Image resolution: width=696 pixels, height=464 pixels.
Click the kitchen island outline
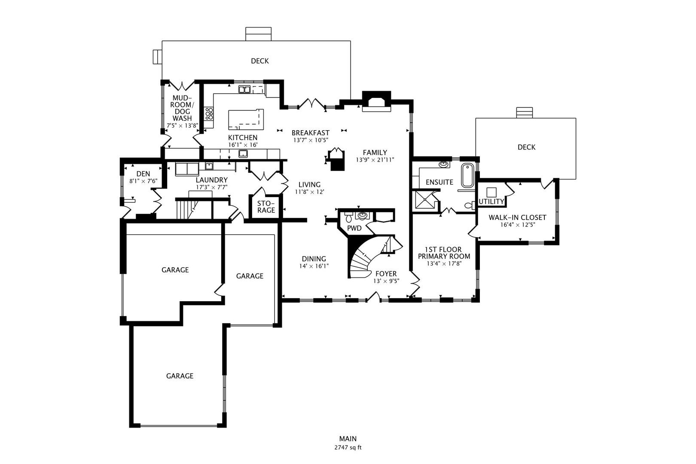pyautogui.click(x=246, y=119)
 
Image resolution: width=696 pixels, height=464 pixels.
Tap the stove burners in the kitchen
pyautogui.click(x=209, y=113)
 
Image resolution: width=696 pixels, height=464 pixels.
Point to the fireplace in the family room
pyautogui.click(x=376, y=102)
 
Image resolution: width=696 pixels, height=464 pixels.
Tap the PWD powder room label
pyautogui.click(x=354, y=228)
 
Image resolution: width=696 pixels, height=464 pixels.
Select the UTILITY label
pyautogui.click(x=491, y=201)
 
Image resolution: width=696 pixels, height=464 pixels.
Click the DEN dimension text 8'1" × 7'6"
pyautogui.click(x=143, y=181)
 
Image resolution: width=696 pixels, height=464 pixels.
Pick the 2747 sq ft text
pyautogui.click(x=348, y=447)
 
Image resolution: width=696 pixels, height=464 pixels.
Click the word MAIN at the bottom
pyautogui.click(x=348, y=439)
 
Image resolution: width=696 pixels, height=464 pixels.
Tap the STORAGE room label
pyautogui.click(x=266, y=207)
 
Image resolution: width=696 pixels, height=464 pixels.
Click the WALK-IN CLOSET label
pyautogui.click(x=517, y=217)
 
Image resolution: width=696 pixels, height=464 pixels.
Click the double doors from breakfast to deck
pyautogui.click(x=311, y=103)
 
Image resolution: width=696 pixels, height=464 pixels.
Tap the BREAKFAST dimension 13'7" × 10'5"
pyautogui.click(x=311, y=140)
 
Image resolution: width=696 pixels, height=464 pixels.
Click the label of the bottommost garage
pyautogui.click(x=180, y=376)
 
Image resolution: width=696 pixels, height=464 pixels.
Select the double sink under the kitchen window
pyautogui.click(x=244, y=89)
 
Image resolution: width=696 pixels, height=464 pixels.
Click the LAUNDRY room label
pyautogui.click(x=211, y=180)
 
